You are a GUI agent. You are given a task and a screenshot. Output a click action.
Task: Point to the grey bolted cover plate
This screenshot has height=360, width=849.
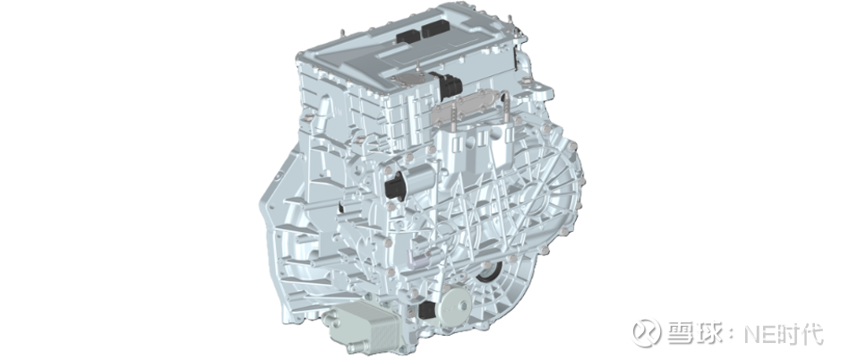coord(468,107)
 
